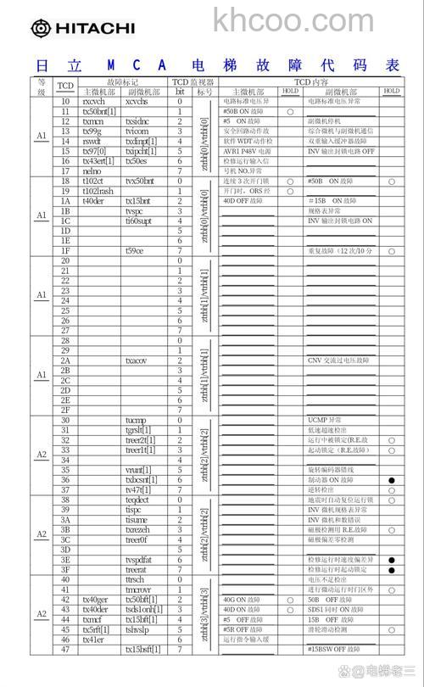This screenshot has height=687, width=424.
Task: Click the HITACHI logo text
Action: coord(93,29)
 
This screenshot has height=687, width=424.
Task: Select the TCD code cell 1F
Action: coord(65,250)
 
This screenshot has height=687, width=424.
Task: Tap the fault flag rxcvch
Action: coord(93,101)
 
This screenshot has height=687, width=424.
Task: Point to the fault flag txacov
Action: coord(137,360)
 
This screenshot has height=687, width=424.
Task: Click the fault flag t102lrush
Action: coord(98,191)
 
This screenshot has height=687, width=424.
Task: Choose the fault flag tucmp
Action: coord(136,420)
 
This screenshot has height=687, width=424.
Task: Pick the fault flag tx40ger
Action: coord(95,600)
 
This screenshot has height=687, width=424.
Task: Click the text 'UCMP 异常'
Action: coord(326,420)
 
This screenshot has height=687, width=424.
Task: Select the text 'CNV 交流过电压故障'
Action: coord(338,360)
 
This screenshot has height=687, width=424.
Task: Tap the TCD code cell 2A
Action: coord(65,360)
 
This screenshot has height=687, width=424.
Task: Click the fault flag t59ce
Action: coord(135,250)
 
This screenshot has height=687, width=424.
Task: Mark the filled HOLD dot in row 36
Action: coord(391,480)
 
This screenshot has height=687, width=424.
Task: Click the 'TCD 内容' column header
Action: coord(310,82)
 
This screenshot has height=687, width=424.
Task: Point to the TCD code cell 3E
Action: coord(65,560)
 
